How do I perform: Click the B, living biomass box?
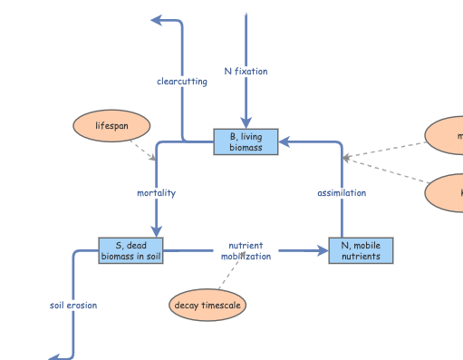(246, 141)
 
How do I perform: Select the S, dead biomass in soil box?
(130, 250)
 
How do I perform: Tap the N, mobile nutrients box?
(361, 250)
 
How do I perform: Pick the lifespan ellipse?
(111, 126)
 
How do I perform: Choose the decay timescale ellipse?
(207, 306)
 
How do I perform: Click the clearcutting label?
(181, 82)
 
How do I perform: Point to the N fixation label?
(246, 71)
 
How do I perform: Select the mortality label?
(156, 193)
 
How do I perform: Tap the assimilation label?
(342, 193)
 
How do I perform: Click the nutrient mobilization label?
(246, 250)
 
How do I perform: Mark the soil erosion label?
(72, 306)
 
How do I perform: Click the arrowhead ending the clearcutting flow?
(157, 20)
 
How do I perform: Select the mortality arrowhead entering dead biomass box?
(156, 231)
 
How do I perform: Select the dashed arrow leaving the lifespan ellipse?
(141, 149)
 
